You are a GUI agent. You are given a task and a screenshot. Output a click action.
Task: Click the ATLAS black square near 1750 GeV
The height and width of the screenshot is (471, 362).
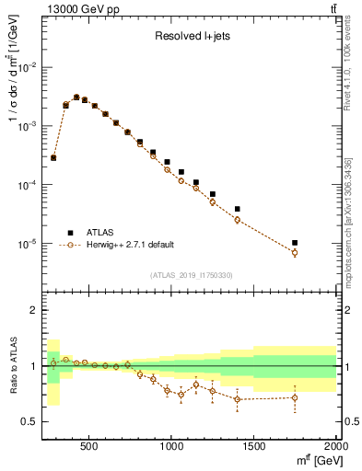(x=295, y=243)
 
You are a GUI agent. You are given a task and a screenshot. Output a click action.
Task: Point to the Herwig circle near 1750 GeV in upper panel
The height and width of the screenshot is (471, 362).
(x=295, y=252)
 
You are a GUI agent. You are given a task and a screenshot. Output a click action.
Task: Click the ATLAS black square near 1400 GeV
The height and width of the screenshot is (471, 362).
(x=237, y=209)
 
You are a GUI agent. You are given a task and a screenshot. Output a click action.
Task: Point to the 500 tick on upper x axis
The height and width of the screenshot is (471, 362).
(x=89, y=293)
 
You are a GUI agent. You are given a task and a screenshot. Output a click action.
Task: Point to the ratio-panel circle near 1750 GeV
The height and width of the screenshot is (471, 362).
(x=295, y=397)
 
